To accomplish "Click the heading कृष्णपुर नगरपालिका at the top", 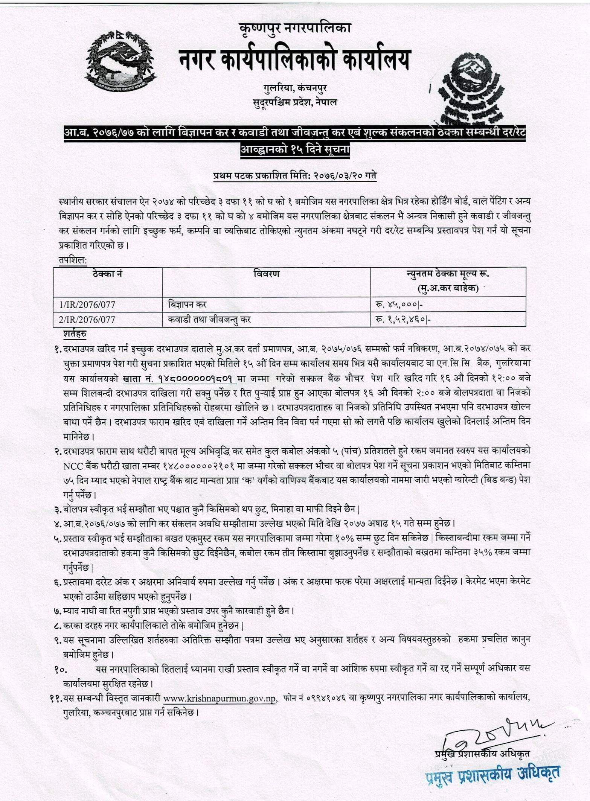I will [295, 27].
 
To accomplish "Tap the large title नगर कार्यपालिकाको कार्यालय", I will [294, 60].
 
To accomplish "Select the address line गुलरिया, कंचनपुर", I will [295, 88].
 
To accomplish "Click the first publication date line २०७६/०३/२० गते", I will [295, 176].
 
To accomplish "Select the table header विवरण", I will [267, 274].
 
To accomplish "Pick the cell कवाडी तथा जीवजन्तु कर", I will [209, 320].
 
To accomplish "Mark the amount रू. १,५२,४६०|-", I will [402, 320].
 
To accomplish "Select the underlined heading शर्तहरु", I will [75, 334].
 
